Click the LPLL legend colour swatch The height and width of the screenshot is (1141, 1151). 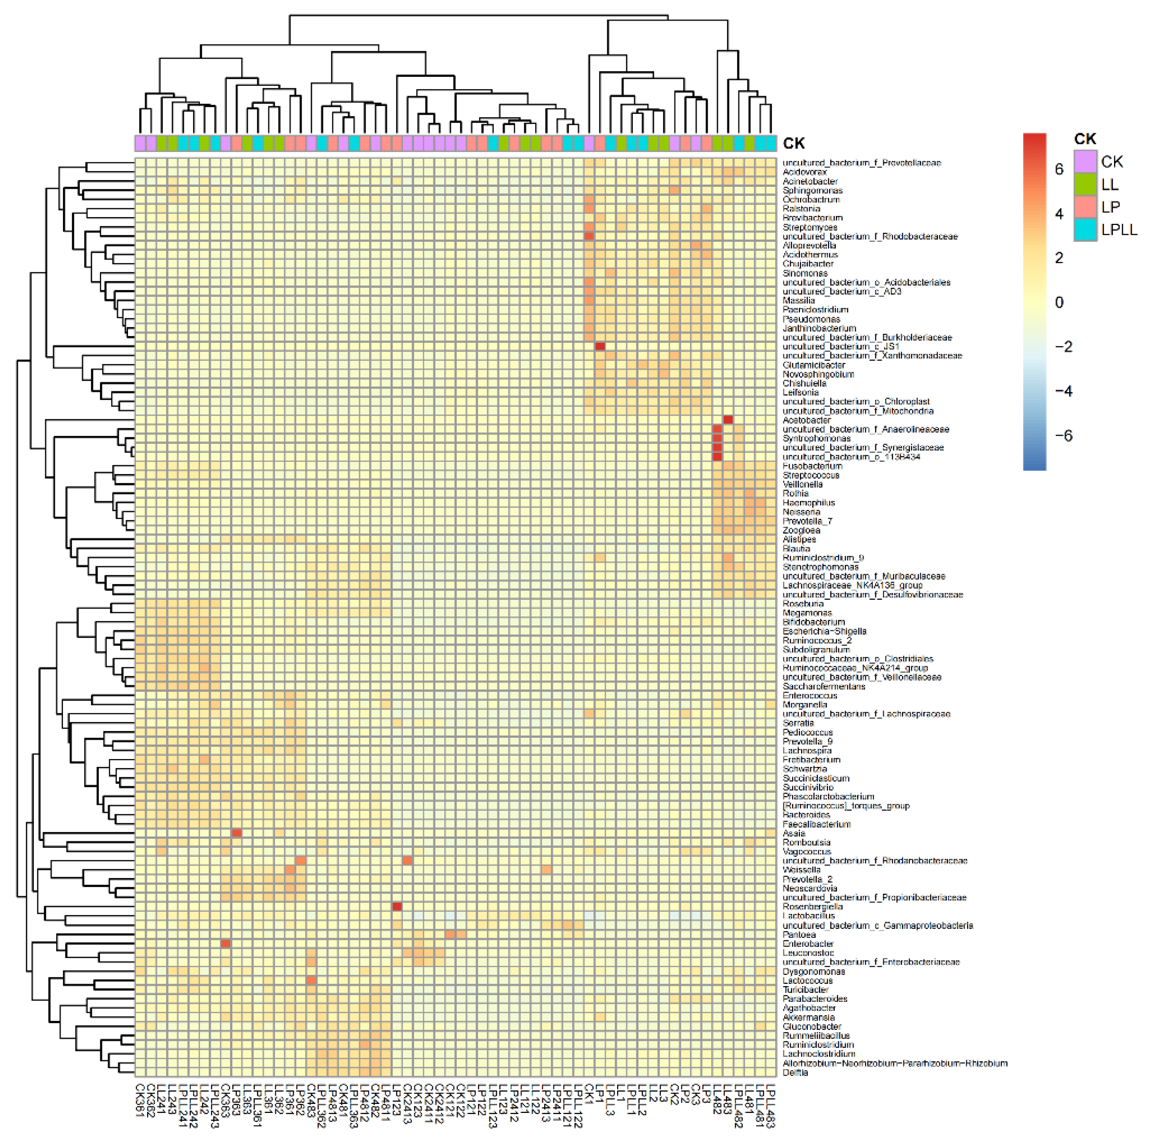point(1085,230)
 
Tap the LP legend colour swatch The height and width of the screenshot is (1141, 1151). point(1085,207)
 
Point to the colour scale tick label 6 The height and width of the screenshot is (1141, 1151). point(1059,169)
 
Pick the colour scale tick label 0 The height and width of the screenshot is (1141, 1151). point(1059,302)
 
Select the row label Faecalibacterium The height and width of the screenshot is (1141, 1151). point(816,824)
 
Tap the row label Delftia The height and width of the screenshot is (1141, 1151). point(795,1072)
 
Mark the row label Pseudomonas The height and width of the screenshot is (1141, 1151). point(811,319)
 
